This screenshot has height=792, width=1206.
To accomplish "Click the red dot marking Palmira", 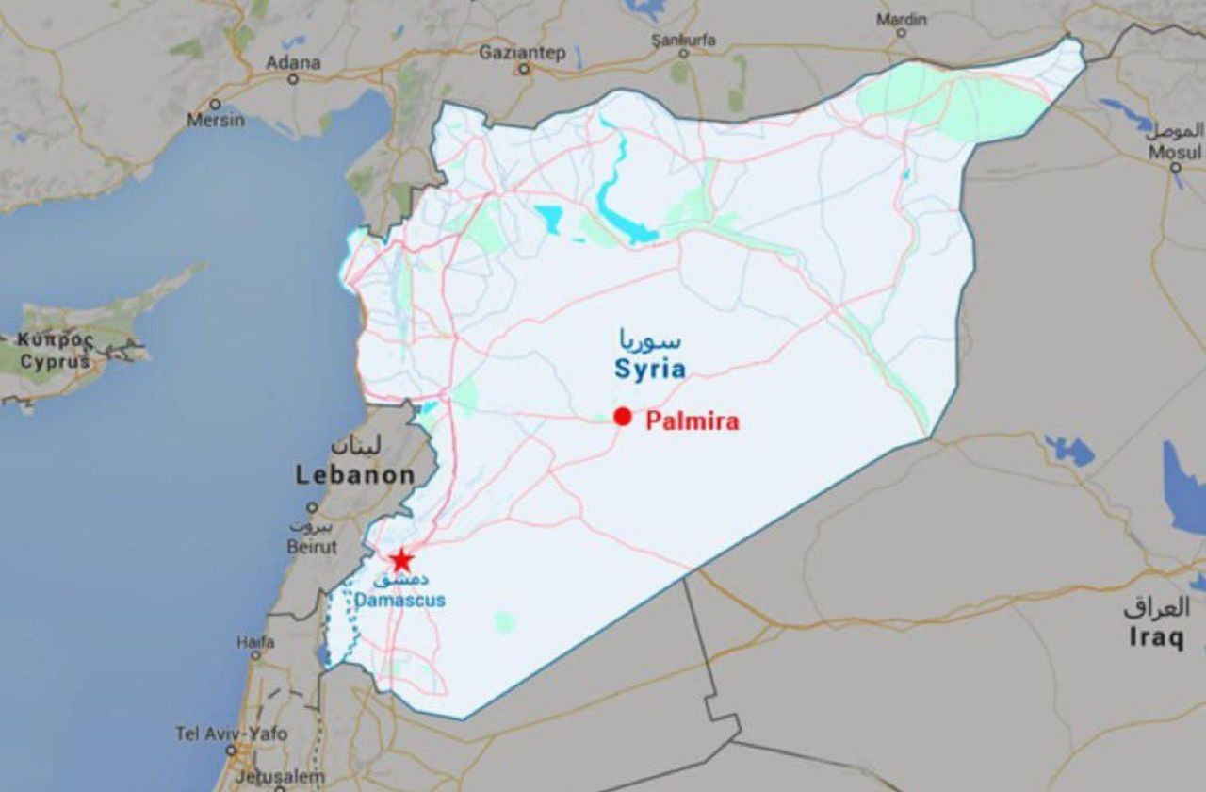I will click(622, 417).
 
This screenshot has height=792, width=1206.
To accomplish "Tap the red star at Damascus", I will click(401, 560).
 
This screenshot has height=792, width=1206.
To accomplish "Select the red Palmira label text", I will click(692, 421).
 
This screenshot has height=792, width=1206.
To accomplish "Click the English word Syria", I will click(650, 368).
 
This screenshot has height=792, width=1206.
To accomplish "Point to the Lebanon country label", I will click(355, 475).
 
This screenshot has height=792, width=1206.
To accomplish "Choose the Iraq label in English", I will click(1156, 638).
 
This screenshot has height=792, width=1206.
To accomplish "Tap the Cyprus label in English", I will click(56, 361).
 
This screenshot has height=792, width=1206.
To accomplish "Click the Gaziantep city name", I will click(522, 52).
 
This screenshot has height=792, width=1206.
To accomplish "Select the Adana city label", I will click(293, 63).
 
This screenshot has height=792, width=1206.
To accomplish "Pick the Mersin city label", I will click(215, 120).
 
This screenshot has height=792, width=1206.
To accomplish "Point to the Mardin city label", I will click(901, 19).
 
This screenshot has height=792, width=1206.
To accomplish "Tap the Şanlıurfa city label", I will click(684, 40).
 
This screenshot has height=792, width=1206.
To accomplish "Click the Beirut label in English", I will click(313, 547).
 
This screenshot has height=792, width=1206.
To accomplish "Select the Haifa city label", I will click(255, 642).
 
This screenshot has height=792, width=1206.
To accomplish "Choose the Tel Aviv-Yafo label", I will click(232, 733).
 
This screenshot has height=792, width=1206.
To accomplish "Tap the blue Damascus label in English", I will click(401, 600).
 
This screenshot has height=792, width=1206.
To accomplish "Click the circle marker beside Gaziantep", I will click(524, 69).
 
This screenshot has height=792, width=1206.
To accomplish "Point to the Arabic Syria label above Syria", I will click(649, 338).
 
